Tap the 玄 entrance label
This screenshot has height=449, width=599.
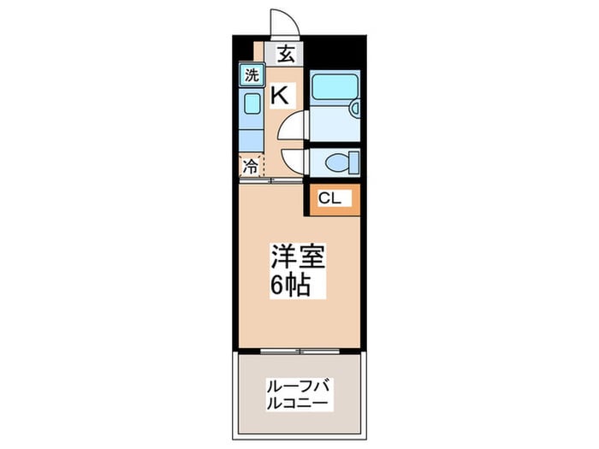coord(286,54)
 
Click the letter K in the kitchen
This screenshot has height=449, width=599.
coord(280,95)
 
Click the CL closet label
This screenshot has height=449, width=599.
coord(329,198)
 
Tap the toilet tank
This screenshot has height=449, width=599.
coord(356,162)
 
